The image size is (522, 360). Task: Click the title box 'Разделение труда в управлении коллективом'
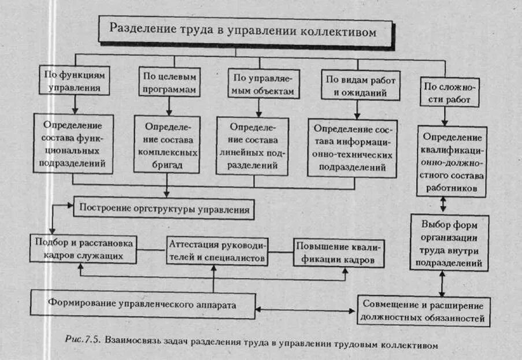[x=243, y=31]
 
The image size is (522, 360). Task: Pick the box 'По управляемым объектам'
[x=261, y=84]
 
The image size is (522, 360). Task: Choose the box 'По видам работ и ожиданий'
[x=356, y=86]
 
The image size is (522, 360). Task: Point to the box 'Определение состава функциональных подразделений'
[x=72, y=143]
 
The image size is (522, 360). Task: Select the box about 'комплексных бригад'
[x=168, y=144]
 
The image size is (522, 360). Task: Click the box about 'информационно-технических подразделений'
[x=353, y=148]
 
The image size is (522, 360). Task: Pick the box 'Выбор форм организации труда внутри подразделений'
[x=449, y=243]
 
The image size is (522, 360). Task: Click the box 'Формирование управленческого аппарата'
[x=142, y=303]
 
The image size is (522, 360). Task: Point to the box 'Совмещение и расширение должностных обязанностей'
[x=424, y=311]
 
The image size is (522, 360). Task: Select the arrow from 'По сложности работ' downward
[x=443, y=116]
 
